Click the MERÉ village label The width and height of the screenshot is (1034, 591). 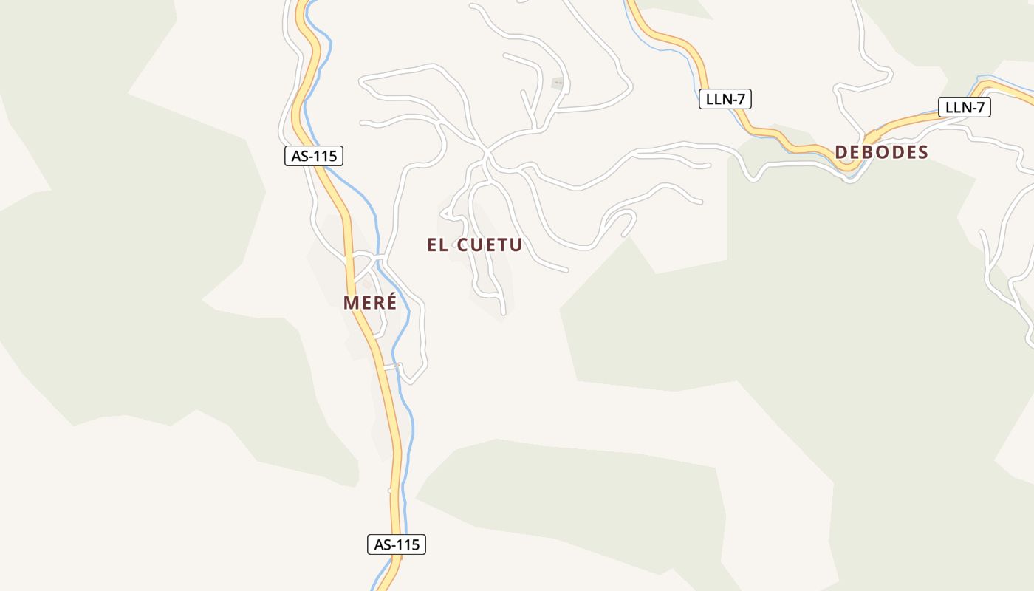(370, 303)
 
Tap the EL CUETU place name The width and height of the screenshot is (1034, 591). (475, 245)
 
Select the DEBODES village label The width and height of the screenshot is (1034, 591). (881, 152)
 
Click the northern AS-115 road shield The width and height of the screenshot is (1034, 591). (314, 156)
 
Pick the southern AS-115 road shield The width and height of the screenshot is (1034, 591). (397, 544)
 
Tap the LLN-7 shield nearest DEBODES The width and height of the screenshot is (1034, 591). (965, 107)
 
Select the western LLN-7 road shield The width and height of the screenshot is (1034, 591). (725, 99)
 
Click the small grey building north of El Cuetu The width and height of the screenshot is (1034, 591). (558, 83)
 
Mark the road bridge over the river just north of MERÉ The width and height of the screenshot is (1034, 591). (378, 259)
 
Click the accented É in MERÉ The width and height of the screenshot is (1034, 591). (391, 302)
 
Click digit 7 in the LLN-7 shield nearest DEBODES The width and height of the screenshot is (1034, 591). (980, 107)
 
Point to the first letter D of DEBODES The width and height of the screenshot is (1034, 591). (841, 152)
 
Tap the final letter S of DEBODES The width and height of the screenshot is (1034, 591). (922, 152)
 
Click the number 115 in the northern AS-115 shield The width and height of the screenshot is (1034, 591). (325, 156)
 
